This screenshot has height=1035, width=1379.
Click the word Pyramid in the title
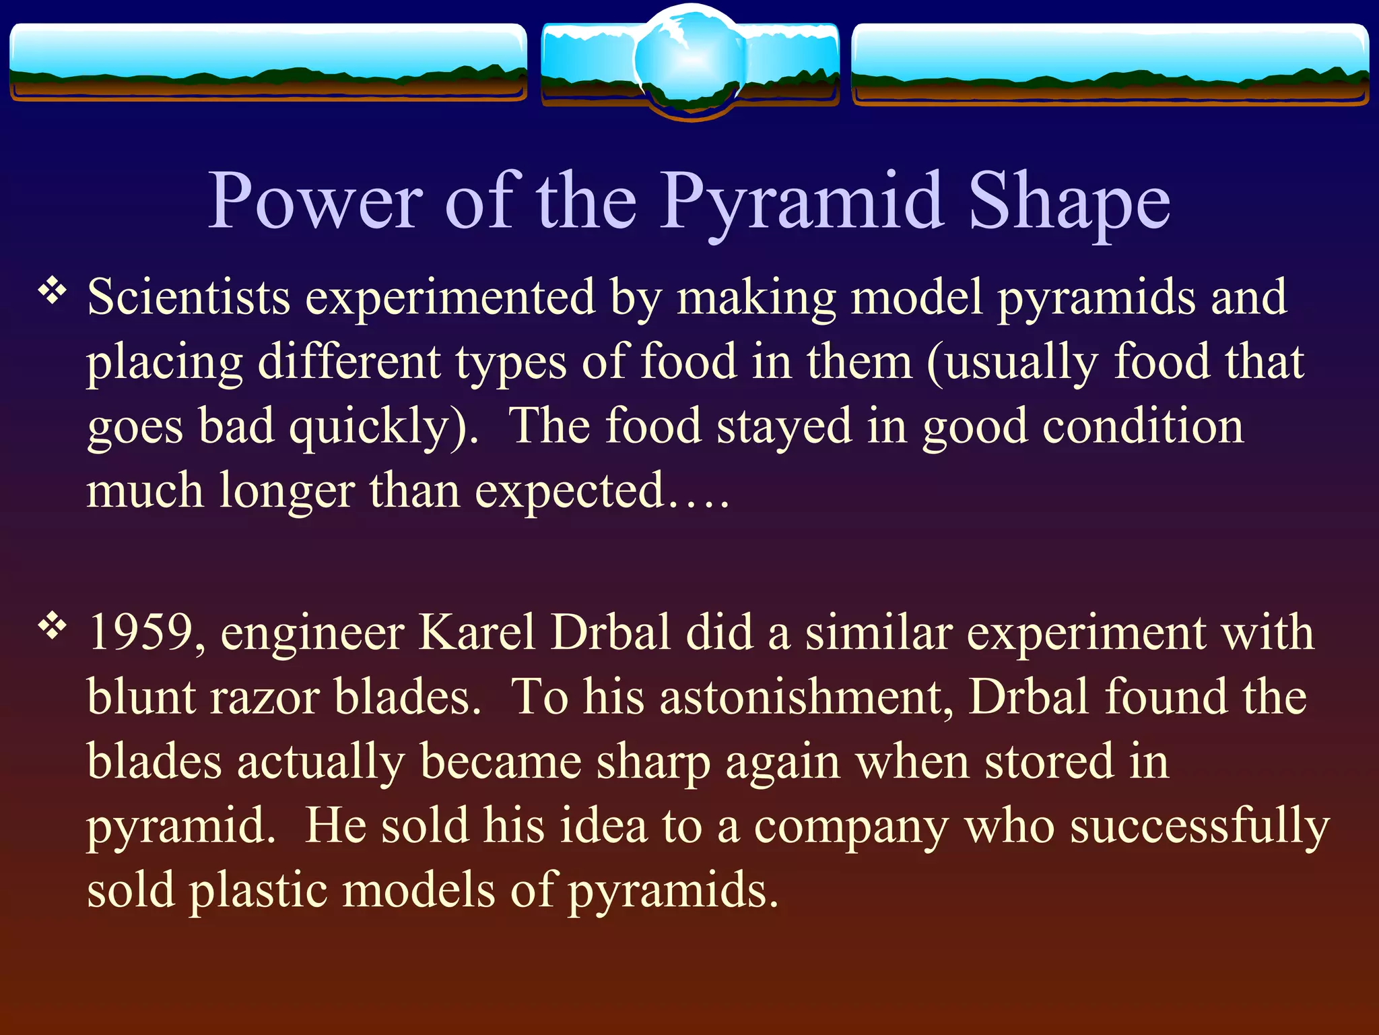pos(801,202)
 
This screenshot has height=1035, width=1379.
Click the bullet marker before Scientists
pos(53,291)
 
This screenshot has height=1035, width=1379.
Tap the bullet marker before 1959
pos(53,627)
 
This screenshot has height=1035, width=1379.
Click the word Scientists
pos(189,298)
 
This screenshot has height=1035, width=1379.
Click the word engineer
pos(312,633)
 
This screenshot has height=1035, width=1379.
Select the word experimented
pos(450,298)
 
